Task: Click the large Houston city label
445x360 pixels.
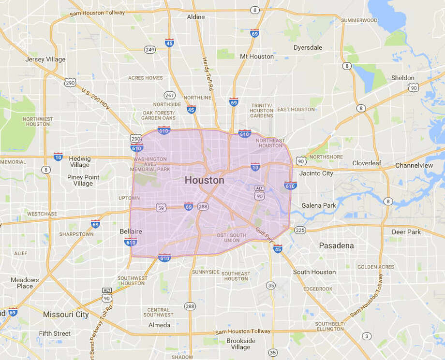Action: (204, 180)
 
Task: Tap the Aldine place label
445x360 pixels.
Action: (196, 17)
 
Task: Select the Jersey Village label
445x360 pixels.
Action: (45, 59)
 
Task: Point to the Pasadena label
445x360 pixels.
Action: (336, 245)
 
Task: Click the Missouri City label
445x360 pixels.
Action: (66, 314)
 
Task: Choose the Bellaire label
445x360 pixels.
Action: (131, 231)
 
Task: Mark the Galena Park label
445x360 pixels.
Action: (319, 205)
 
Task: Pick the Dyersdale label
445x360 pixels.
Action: (308, 47)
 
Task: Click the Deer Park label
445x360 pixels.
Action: (406, 232)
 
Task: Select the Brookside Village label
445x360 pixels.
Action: (241, 344)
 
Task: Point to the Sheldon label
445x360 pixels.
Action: (402, 78)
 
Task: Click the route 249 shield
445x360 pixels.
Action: (149, 49)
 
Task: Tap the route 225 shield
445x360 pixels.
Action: (300, 230)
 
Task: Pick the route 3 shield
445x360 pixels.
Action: (367, 336)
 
